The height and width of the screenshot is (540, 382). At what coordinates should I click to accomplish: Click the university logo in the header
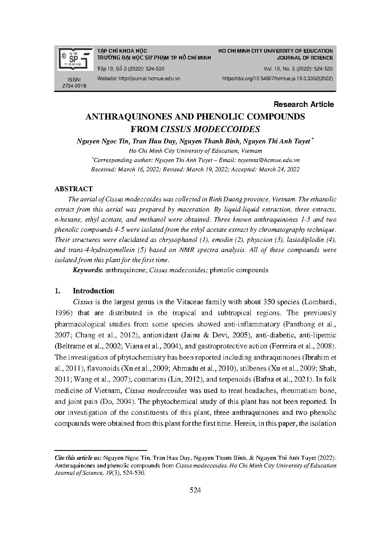point(75,59)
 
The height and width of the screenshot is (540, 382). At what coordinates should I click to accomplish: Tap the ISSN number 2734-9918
point(74,86)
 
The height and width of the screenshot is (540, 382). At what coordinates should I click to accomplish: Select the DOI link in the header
point(277,79)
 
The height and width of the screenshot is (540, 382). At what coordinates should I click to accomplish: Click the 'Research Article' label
point(303,105)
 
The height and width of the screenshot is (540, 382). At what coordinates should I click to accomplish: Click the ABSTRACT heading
point(73,189)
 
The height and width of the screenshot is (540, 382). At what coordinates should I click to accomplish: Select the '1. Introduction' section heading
point(85,291)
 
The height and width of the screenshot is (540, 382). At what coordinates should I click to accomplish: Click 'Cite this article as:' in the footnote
point(78,457)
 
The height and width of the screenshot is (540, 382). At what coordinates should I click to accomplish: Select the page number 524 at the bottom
point(195,490)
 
